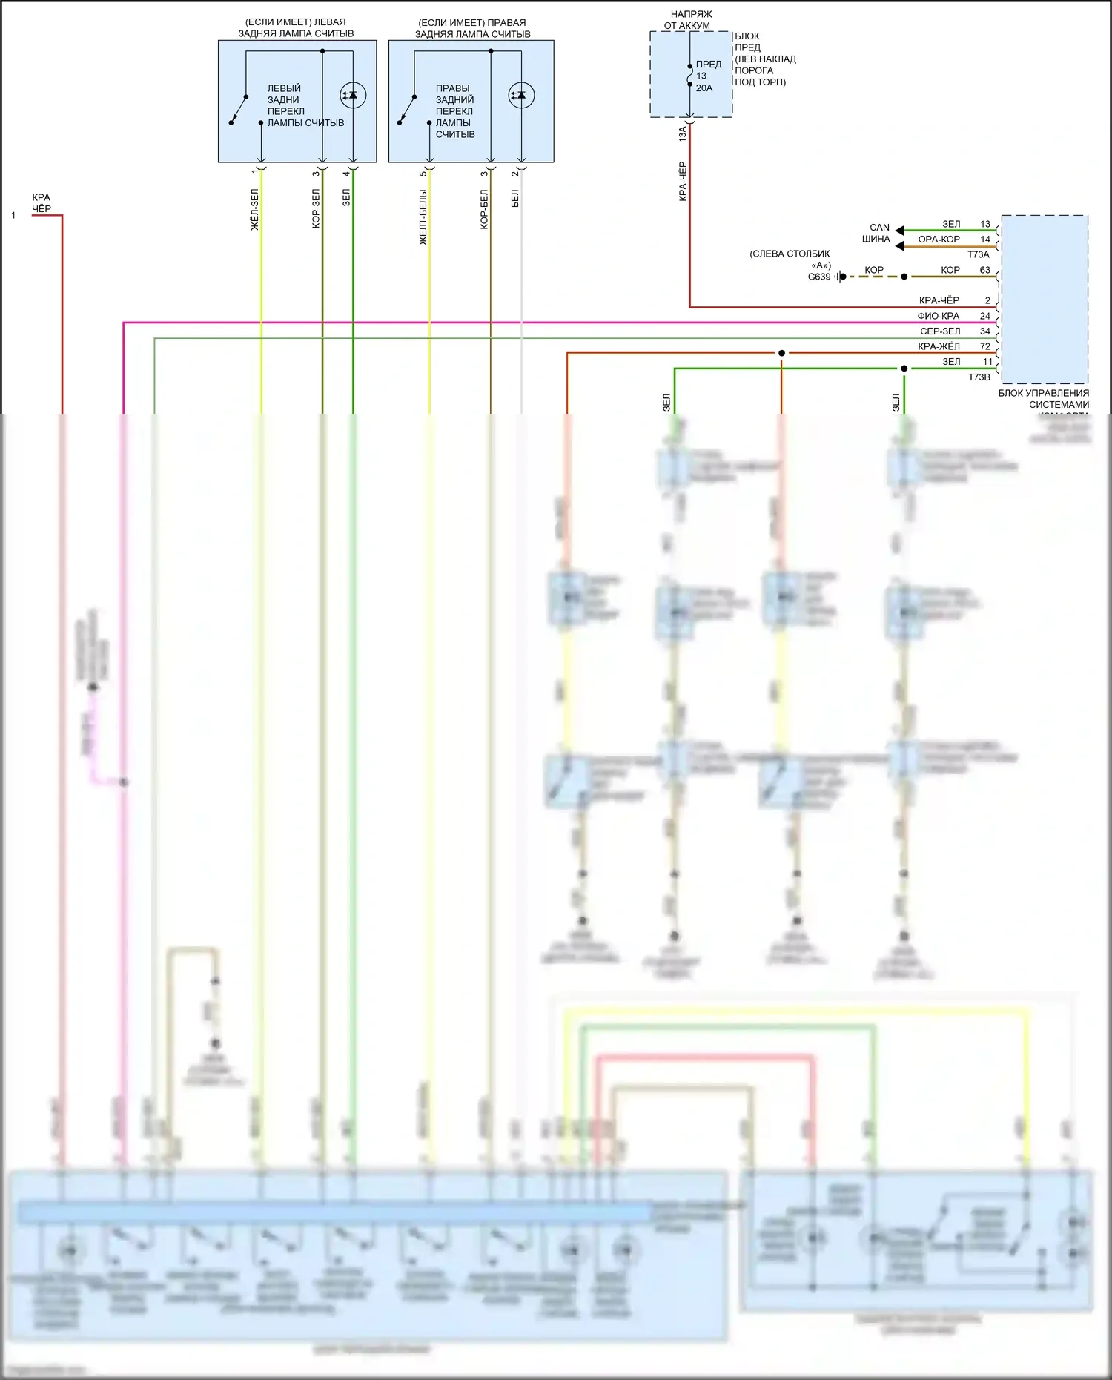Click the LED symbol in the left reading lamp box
(x=353, y=95)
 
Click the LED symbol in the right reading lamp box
(x=521, y=95)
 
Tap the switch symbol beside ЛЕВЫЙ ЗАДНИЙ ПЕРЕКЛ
(x=239, y=110)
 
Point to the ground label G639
(x=819, y=277)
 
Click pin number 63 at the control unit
(x=984, y=270)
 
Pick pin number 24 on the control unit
(x=984, y=316)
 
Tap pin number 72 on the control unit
(x=984, y=346)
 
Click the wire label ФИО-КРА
(x=939, y=316)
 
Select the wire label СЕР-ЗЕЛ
(x=940, y=331)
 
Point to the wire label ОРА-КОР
(x=939, y=240)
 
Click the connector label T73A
(x=978, y=254)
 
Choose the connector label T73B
(x=979, y=377)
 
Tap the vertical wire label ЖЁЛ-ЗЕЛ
(x=254, y=209)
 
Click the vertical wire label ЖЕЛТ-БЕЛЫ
(x=423, y=217)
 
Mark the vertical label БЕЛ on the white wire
(x=515, y=198)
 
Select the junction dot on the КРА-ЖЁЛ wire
(x=781, y=353)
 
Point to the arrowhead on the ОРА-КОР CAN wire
(x=899, y=245)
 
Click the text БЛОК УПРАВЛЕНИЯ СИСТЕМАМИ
(x=1044, y=399)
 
